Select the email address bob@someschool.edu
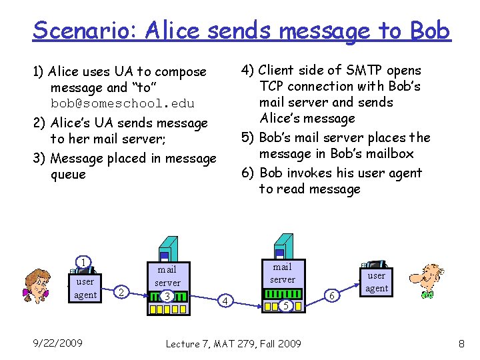point(123,104)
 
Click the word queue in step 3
point(68,175)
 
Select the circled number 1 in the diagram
point(83,262)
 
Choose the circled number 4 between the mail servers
point(226,302)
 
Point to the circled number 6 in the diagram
point(333,295)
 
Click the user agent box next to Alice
point(85,288)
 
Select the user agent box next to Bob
point(377,281)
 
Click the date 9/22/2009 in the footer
point(57,343)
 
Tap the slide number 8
point(461,343)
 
